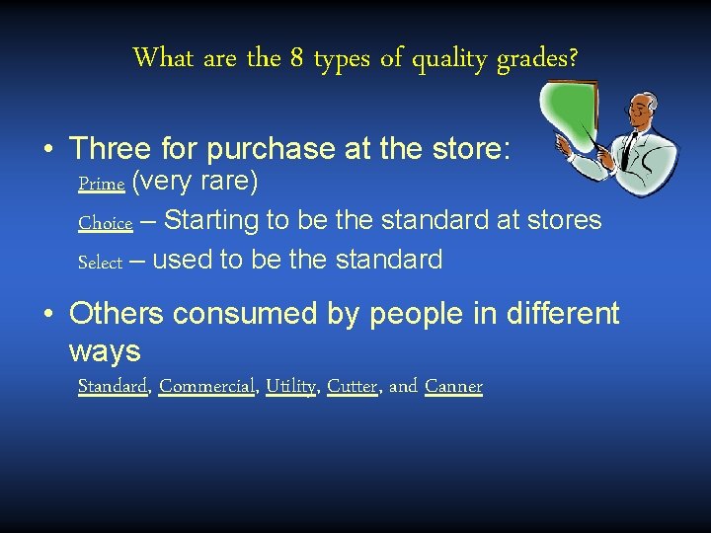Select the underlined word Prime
pos(101,184)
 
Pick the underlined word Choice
pos(105,223)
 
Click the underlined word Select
pos(100,263)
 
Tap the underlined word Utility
pos(291,386)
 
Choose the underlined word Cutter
pos(353,386)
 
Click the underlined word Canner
pos(453,386)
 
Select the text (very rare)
pos(195,182)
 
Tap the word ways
pos(105,349)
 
